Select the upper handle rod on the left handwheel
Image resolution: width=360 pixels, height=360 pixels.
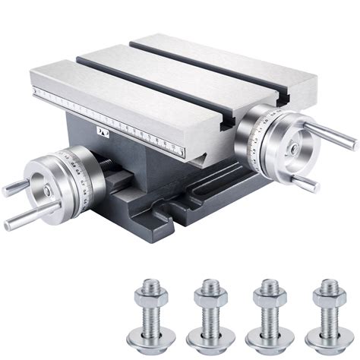pyautogui.click(x=14, y=188)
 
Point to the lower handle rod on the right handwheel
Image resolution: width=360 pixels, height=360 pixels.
pyautogui.click(x=305, y=182)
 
